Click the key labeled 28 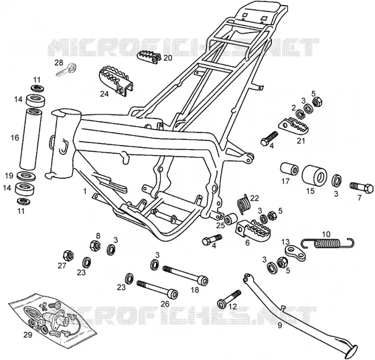pyautogui.click(x=66, y=70)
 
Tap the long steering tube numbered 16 pyautogui.click(x=30, y=139)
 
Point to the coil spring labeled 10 pyautogui.click(x=328, y=243)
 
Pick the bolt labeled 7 pyautogui.click(x=362, y=187)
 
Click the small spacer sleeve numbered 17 pyautogui.click(x=289, y=171)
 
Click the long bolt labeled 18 pyautogui.click(x=185, y=276)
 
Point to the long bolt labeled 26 pyautogui.click(x=157, y=289)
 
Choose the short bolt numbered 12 pyautogui.click(x=229, y=299)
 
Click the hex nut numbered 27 pyautogui.click(x=68, y=256)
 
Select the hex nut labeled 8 pyautogui.click(x=95, y=246)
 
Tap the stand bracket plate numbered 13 pyautogui.click(x=295, y=253)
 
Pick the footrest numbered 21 pyautogui.click(x=293, y=126)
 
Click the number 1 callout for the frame pyautogui.click(x=84, y=191)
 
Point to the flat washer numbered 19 pyautogui.click(x=26, y=177)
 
